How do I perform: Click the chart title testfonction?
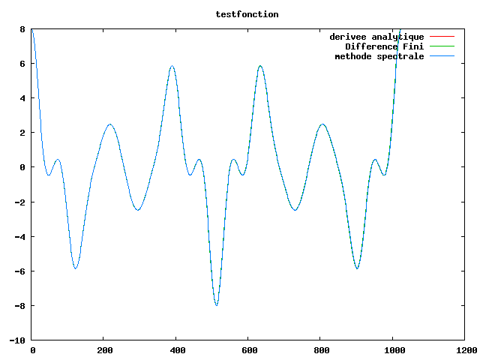(247, 14)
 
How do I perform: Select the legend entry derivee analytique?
(376, 37)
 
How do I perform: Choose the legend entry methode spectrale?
(379, 56)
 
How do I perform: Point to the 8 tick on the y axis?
(22, 29)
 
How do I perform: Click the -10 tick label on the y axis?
(16, 340)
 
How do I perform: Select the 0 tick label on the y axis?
(22, 167)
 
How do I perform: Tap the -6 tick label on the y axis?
(19, 271)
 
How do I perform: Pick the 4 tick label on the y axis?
(22, 98)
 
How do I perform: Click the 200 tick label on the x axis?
(103, 349)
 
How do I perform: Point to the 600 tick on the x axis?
(249, 349)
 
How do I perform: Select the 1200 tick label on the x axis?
(466, 349)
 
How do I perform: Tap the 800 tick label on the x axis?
(321, 349)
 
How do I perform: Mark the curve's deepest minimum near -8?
(217, 305)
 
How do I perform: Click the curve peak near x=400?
(172, 66)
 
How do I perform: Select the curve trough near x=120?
(75, 268)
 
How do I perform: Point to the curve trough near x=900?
(358, 268)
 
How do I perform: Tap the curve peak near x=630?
(260, 66)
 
